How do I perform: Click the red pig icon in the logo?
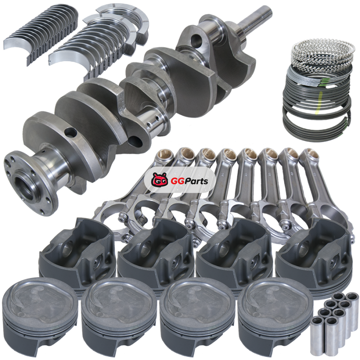[159, 180]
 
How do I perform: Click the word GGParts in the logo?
[189, 181]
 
